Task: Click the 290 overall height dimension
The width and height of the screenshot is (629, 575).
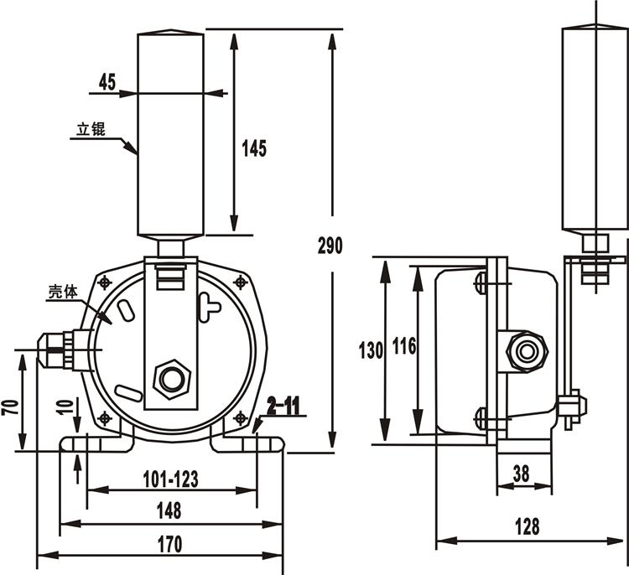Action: pyautogui.click(x=330, y=246)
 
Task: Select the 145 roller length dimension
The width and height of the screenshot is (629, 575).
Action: pyautogui.click(x=254, y=148)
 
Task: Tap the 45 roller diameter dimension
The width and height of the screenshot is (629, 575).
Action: pyautogui.click(x=107, y=82)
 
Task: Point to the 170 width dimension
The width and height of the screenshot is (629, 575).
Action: pyautogui.click(x=170, y=544)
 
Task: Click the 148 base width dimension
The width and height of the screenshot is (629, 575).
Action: pyautogui.click(x=169, y=510)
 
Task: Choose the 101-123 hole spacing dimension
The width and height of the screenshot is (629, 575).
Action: pyautogui.click(x=171, y=479)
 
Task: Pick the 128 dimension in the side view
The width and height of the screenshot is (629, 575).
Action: pyautogui.click(x=528, y=526)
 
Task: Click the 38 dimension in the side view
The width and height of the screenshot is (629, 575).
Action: pyautogui.click(x=521, y=474)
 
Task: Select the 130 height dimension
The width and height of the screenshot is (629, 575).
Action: pyautogui.click(x=371, y=350)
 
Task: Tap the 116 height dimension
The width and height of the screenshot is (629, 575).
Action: pyautogui.click(x=404, y=346)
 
